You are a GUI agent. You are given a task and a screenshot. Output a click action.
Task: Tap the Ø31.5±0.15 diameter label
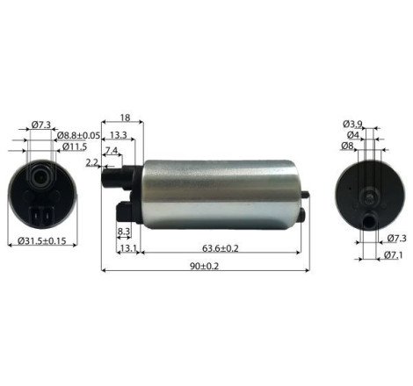pyautogui.click(x=42, y=239)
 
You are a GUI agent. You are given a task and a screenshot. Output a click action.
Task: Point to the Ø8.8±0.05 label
pyautogui.click(x=79, y=135)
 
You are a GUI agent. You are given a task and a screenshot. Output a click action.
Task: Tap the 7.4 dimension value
pyautogui.click(x=112, y=151)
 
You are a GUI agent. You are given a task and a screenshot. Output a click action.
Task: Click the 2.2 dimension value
pyautogui.click(x=92, y=162)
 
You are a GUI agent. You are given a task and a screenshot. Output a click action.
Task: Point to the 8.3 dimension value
pyautogui.click(x=124, y=232)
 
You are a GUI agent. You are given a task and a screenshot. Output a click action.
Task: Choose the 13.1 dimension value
pyautogui.click(x=127, y=248)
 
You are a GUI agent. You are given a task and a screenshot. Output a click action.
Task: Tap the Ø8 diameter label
pyautogui.click(x=349, y=147)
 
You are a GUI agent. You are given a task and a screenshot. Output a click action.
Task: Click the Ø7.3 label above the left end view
pyautogui.click(x=40, y=125)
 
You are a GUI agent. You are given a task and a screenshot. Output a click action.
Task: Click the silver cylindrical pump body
pyautogui.click(x=220, y=194)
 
